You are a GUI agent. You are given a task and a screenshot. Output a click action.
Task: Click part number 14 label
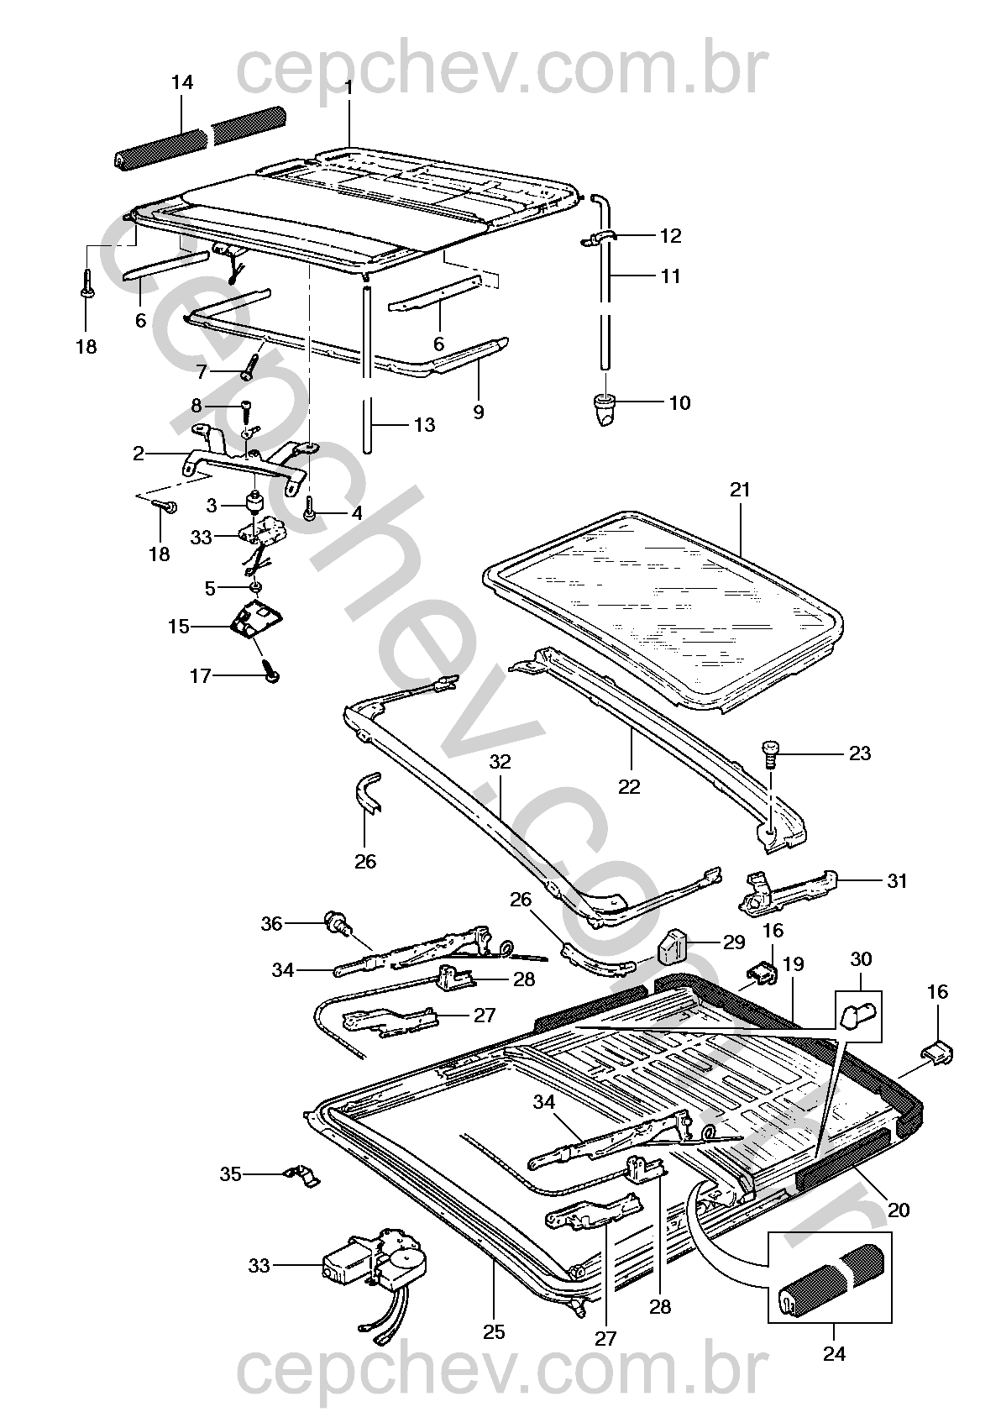(x=182, y=82)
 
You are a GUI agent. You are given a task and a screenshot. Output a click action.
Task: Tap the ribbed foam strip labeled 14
(x=202, y=136)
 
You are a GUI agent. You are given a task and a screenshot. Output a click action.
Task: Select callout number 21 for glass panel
(x=740, y=489)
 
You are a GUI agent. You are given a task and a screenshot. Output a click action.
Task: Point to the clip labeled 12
(x=601, y=239)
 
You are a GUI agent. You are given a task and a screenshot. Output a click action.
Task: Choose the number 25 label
(x=494, y=1331)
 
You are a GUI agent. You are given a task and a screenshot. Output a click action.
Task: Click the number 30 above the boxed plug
(x=861, y=958)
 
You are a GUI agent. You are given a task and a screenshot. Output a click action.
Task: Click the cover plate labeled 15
(x=257, y=621)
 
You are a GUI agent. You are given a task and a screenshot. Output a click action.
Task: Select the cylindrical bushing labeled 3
(x=253, y=501)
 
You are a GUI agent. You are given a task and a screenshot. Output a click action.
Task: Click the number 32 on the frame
(x=500, y=762)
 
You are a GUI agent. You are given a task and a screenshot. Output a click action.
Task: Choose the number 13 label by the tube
(x=425, y=425)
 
